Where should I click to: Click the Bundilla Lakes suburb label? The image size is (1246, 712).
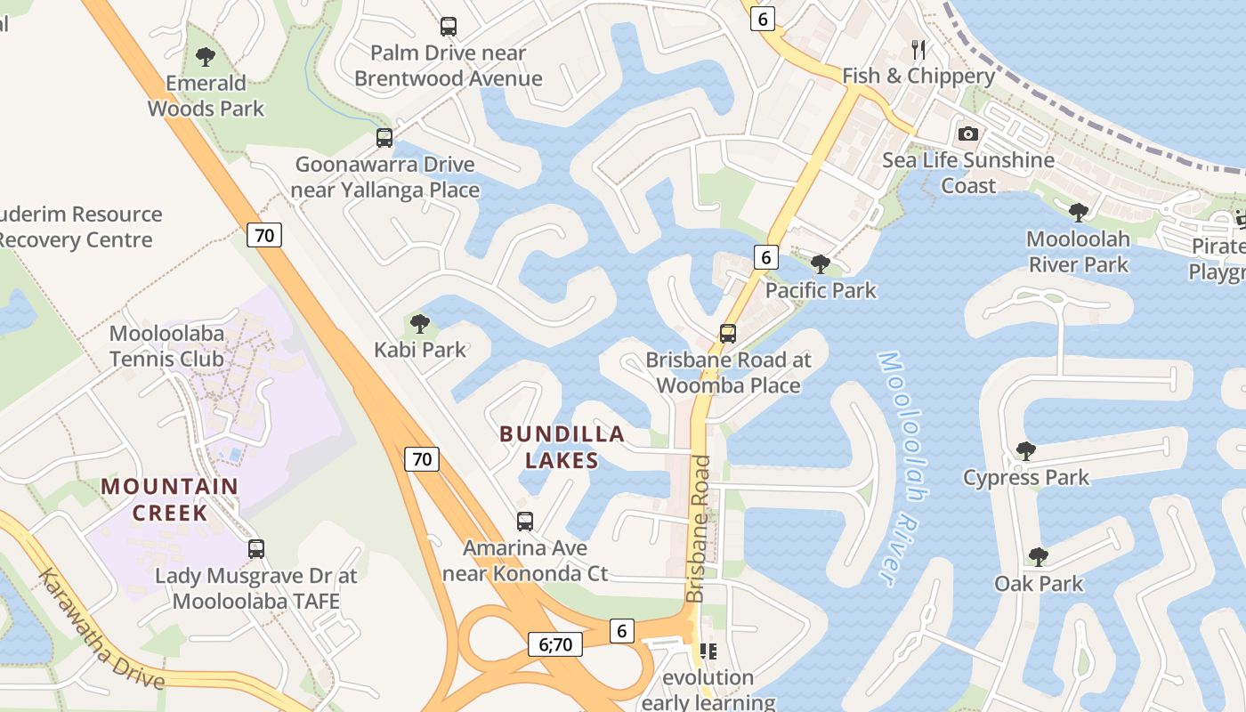(x=562, y=447)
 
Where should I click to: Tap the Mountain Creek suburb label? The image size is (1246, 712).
(x=169, y=499)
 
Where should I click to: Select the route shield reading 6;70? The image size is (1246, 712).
(x=555, y=643)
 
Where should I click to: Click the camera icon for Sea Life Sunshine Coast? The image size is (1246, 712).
(x=968, y=134)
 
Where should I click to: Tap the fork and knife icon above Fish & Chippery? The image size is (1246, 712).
(x=918, y=50)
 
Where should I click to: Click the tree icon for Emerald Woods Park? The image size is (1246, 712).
(x=206, y=58)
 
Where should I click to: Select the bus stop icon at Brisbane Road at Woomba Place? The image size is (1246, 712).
(x=728, y=334)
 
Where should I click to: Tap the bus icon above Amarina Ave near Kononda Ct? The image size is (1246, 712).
(x=525, y=522)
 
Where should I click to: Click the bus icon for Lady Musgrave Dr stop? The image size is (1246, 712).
(x=256, y=549)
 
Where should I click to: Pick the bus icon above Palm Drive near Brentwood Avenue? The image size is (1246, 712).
(x=449, y=27)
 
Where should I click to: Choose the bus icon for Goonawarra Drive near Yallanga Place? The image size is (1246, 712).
(x=384, y=138)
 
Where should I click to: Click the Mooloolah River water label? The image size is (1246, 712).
(x=898, y=467)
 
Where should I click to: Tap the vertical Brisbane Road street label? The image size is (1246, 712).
(x=700, y=529)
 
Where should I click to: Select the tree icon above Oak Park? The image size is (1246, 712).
(x=1038, y=557)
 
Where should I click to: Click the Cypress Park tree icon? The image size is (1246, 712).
(x=1025, y=451)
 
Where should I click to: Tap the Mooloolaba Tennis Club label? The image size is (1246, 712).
(x=166, y=346)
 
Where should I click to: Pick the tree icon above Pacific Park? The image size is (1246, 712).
(x=821, y=264)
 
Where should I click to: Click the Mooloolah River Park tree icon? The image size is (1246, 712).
(x=1079, y=213)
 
